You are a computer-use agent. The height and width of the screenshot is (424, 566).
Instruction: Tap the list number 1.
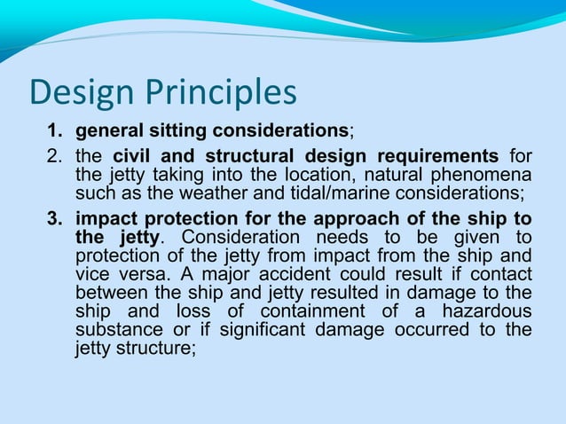[x=55, y=133]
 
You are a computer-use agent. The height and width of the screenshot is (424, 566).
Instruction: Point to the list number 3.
[x=55, y=219]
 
